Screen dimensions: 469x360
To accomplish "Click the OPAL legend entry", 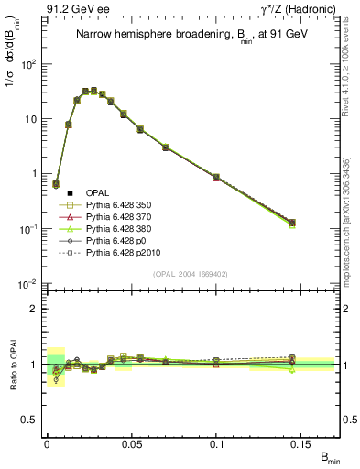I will point(98,193).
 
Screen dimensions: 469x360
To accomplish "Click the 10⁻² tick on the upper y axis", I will point(27,284).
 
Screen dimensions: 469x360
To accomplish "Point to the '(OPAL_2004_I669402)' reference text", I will point(194,273).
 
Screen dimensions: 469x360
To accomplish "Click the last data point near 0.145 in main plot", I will point(292,222).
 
